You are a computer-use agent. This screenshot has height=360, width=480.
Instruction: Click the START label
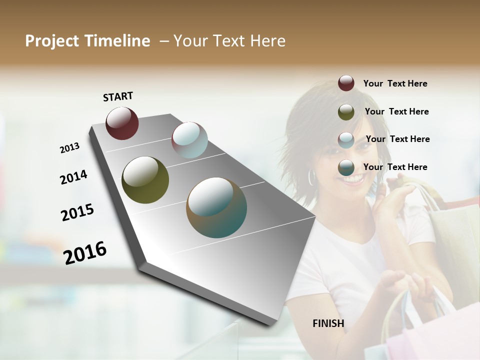click(118, 96)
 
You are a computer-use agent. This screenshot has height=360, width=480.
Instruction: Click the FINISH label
click(328, 323)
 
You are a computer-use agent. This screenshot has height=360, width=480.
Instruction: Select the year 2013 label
click(69, 148)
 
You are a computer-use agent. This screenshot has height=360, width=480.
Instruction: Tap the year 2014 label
click(73, 177)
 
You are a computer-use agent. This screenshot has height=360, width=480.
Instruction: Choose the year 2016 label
click(85, 252)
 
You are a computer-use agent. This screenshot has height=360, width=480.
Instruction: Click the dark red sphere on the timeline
click(122, 123)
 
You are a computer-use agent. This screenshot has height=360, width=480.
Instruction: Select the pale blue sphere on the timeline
click(189, 139)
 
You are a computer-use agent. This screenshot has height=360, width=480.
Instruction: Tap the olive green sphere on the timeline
click(145, 180)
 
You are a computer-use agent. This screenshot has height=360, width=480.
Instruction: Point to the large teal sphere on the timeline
click(216, 207)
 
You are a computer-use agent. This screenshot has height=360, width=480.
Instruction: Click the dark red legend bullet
click(346, 83)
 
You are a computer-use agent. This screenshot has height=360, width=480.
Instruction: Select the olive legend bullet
click(346, 112)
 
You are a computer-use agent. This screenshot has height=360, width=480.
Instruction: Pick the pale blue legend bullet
click(346, 139)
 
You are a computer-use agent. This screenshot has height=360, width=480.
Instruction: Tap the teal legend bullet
click(346, 167)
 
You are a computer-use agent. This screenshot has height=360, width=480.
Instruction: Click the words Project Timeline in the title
click(87, 41)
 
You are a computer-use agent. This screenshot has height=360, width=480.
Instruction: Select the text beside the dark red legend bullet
click(395, 83)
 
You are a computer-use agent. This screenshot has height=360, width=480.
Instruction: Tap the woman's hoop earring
click(312, 176)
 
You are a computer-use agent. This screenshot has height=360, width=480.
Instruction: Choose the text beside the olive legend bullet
click(396, 111)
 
